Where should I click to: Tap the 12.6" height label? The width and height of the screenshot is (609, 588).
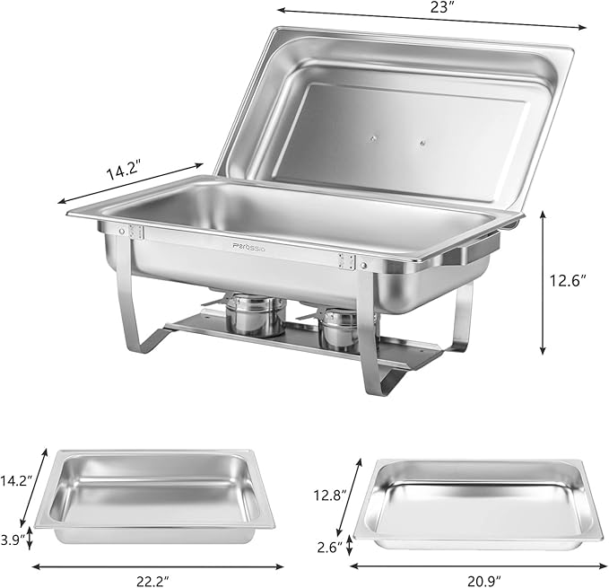570,281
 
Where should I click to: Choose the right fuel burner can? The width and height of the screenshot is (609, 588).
339,328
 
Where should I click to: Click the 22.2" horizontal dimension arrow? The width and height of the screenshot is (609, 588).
158,566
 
